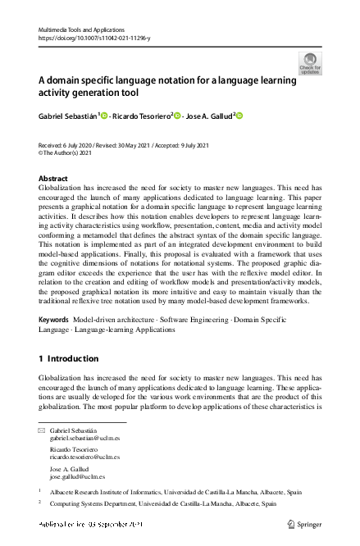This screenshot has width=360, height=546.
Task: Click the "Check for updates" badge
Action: [310, 63]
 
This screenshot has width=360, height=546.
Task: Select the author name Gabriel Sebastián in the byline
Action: [67, 116]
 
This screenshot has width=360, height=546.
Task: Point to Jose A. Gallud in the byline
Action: [208, 116]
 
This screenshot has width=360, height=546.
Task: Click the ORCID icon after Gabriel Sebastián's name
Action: [106, 116]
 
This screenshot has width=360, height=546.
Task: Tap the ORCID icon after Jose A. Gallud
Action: [240, 116]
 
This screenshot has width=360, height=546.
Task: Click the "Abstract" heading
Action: [54, 178]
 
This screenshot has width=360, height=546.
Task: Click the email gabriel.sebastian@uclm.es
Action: [84, 439]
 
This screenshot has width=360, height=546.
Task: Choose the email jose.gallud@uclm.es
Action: [76, 476]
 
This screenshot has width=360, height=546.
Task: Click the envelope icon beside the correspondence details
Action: [42, 431]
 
